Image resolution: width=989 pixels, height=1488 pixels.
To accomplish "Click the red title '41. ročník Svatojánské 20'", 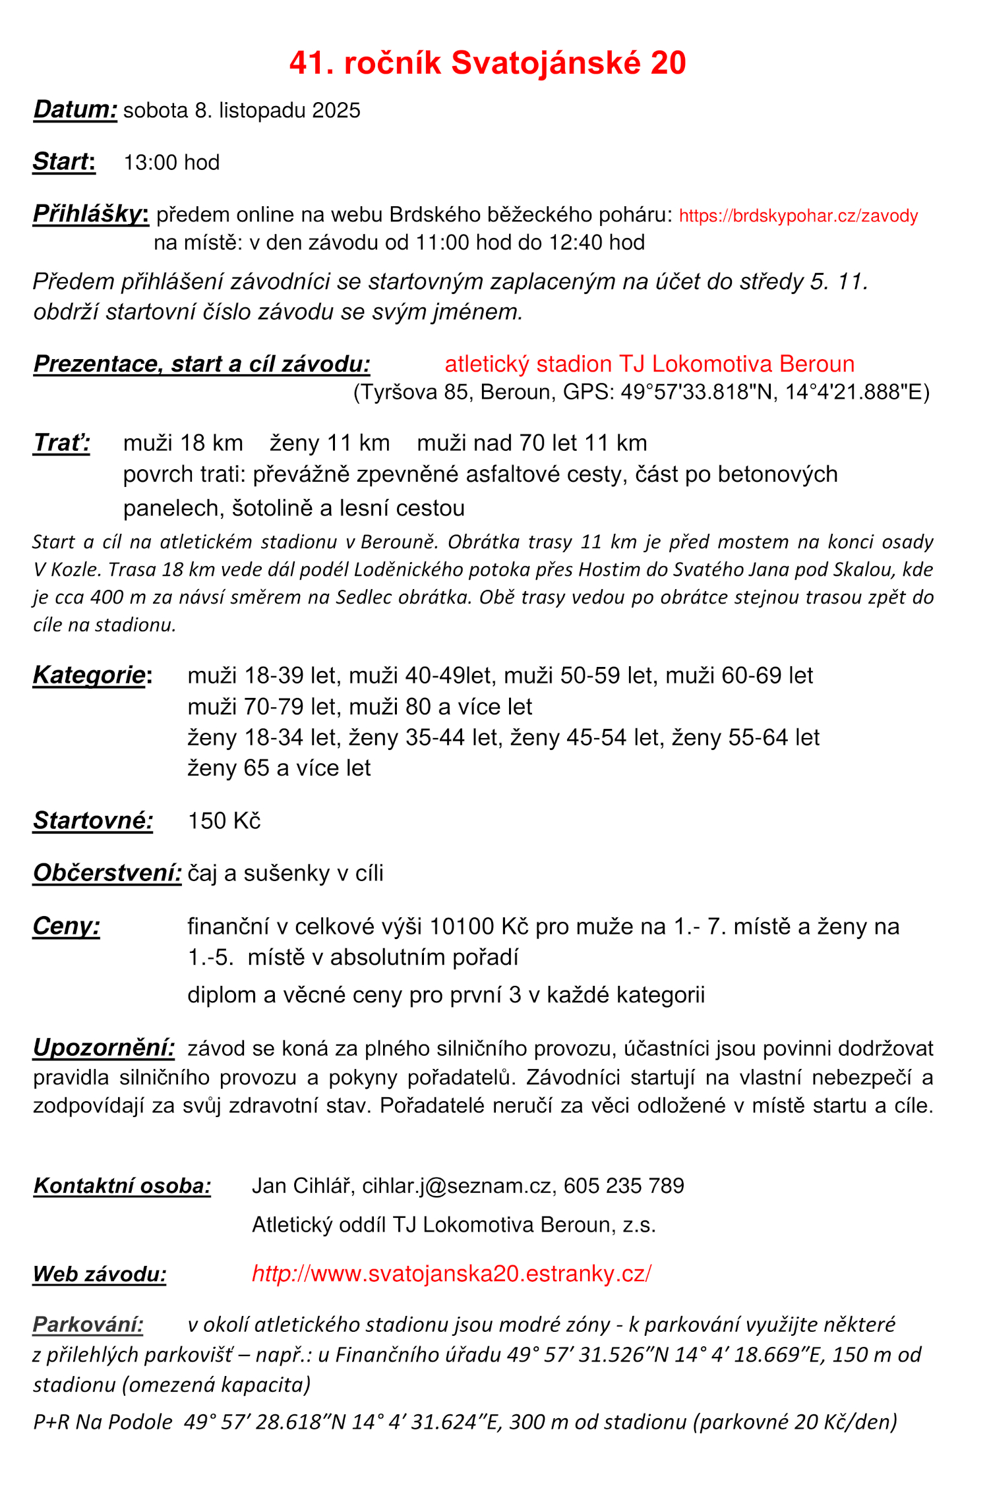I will tap(487, 63).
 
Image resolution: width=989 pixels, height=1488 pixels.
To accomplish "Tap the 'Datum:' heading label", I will tap(75, 109).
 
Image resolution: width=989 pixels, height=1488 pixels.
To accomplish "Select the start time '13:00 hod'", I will tap(171, 162).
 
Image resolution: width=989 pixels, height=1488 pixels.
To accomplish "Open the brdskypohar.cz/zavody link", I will tap(798, 216).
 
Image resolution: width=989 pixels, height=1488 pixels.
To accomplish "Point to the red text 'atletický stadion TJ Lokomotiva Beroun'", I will tap(649, 364).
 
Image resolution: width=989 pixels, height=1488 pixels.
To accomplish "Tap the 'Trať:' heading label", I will tap(61, 443).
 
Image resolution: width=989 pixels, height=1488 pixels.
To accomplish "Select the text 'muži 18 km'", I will tap(183, 443).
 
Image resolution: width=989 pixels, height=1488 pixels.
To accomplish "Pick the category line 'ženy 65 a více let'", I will tap(279, 768).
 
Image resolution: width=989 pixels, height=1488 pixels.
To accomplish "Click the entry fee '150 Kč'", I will tap(224, 821).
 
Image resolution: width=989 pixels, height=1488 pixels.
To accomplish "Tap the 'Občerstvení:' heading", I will tap(107, 873).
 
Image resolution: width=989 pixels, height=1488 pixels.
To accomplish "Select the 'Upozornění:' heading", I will tap(104, 1048).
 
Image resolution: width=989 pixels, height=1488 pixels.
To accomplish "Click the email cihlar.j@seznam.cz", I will tap(456, 1186).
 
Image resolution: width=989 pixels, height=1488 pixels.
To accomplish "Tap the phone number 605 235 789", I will tap(624, 1186).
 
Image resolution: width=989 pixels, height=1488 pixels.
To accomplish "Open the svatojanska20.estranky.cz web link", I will tap(452, 1274).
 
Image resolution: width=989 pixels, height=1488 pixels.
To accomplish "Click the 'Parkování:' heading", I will tap(88, 1325).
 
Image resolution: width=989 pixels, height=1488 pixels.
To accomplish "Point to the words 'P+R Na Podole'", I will tap(103, 1422).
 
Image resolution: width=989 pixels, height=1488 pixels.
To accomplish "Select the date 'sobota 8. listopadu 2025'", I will tap(241, 110).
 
